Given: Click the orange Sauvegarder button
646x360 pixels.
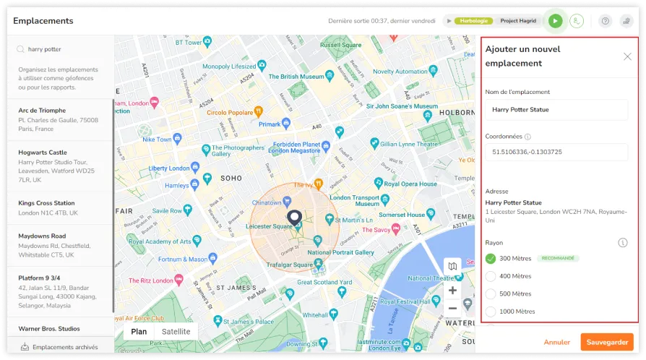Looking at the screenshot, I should point(606,342).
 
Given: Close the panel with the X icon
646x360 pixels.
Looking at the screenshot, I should point(627,56).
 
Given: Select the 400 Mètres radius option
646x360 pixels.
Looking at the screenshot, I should point(491,276).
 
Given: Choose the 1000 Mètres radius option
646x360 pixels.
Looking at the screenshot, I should point(491,312).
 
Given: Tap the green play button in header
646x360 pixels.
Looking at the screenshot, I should point(555,22).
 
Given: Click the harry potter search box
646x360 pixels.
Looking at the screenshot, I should point(65,50).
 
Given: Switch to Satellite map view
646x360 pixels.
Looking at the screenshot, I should point(176,332).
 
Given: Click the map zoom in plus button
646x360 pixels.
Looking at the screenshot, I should point(452,291).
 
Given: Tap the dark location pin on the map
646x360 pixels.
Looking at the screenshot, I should point(294,218).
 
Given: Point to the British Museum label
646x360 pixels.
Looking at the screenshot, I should point(298,77).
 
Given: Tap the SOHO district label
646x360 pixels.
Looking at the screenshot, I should point(231,178).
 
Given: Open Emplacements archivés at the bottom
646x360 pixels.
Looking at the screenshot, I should point(64,347).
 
